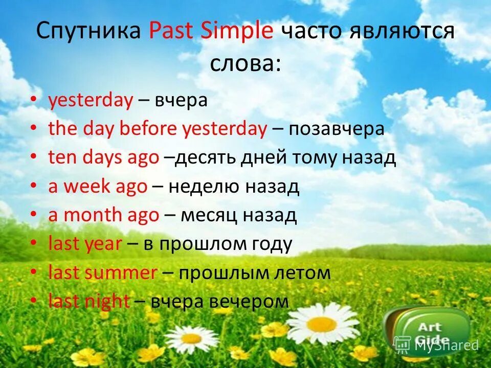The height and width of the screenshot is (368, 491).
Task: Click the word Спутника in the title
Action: pyautogui.click(x=88, y=32)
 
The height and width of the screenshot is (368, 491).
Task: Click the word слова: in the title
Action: pyautogui.click(x=245, y=63)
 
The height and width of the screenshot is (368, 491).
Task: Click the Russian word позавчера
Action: pyautogui.click(x=336, y=129)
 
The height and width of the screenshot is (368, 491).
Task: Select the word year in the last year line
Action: pyautogui.click(x=104, y=244)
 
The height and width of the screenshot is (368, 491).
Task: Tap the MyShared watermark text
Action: pyautogui.click(x=446, y=345)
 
